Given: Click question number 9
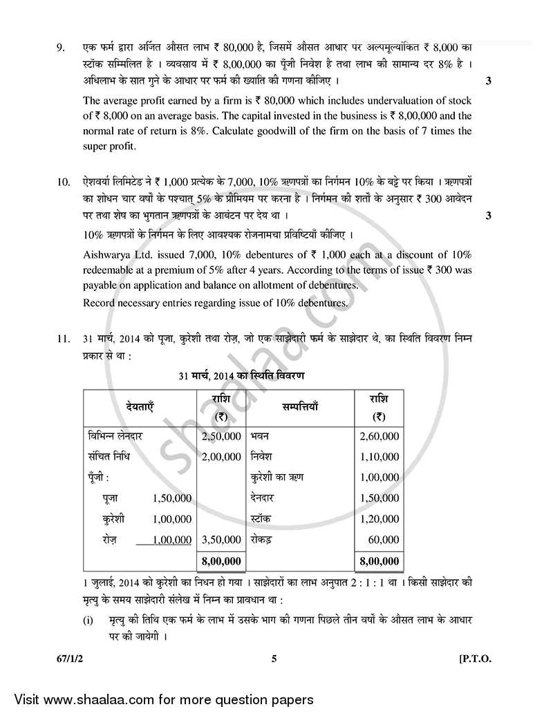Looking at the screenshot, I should pos(60,48).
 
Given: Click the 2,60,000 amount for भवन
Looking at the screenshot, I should pos(379,437).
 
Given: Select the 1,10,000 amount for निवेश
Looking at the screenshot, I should pos(379,457).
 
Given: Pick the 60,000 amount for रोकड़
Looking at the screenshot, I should pos(384,540).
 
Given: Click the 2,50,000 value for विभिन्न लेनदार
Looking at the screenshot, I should pos(221,437).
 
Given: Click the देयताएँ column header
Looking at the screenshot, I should pos(140,408).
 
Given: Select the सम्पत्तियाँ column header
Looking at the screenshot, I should pos(299,408).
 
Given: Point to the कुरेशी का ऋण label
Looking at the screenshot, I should pos(276,478).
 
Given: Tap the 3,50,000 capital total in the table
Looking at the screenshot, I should pos(221,540).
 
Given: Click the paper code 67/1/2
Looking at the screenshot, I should pos(74,659).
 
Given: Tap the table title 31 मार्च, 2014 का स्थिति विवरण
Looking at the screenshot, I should pos(241,376).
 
